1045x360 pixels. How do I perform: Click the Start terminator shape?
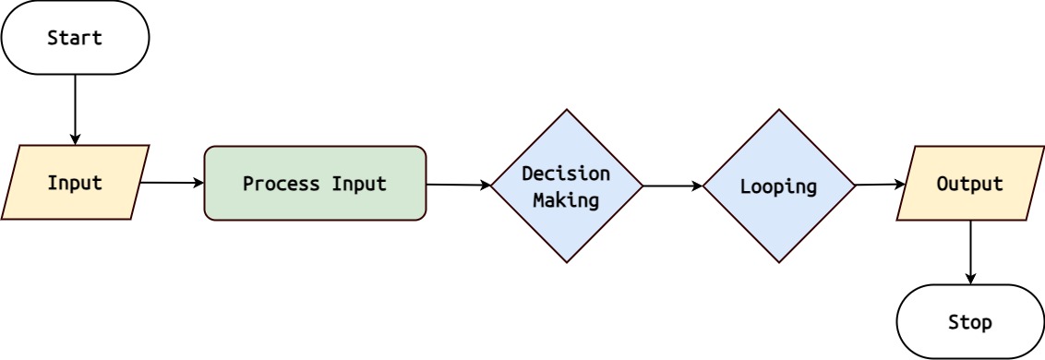tap(75, 38)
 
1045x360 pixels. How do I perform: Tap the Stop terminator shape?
tap(970, 322)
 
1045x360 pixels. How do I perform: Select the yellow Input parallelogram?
tap(75, 183)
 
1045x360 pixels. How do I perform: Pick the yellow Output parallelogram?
tap(970, 184)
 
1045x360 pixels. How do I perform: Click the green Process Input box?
tap(315, 183)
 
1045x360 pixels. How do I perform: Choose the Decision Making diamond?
tap(566, 186)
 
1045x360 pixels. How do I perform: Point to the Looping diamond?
tap(778, 186)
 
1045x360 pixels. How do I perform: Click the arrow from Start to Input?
tap(75, 109)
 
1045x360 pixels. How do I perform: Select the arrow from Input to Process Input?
tap(172, 183)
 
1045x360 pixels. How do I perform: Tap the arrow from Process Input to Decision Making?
tap(458, 185)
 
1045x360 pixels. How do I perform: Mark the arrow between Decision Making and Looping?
tap(672, 186)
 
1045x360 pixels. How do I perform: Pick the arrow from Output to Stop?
tap(970, 252)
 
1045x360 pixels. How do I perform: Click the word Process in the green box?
tap(274, 183)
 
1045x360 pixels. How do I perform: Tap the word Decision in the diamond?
tap(566, 174)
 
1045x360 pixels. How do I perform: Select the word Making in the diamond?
tap(566, 198)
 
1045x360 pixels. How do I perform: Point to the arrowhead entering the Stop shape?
tap(970, 278)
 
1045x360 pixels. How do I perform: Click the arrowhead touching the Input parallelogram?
tap(75, 139)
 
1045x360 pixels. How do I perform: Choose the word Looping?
tap(778, 186)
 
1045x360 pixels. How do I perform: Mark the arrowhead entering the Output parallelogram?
tap(899, 185)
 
